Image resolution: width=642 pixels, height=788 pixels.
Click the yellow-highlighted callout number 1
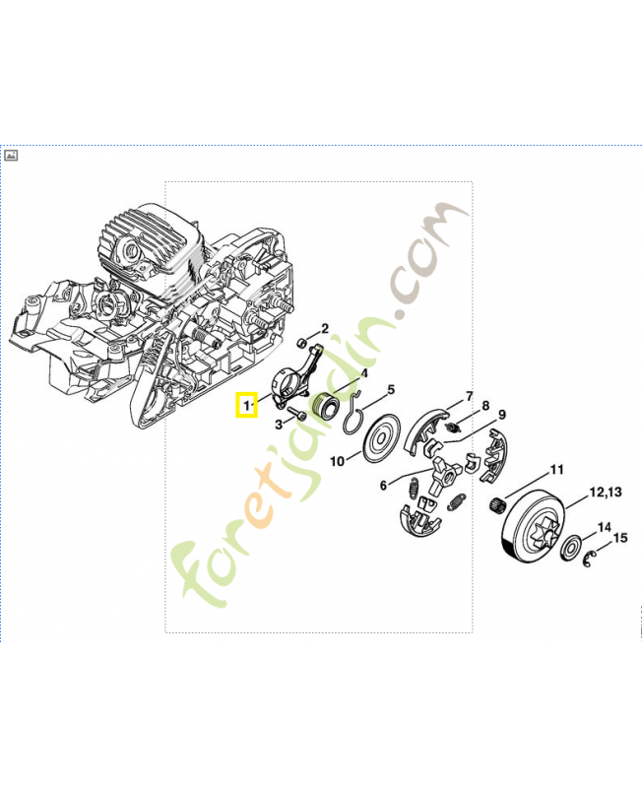pos(246,405)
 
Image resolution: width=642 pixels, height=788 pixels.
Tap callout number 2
pos(325,329)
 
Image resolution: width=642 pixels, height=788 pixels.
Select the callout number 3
pos(279,425)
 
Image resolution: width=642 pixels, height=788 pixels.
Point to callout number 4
pos(364,373)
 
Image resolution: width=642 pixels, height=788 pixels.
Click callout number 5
pos(391,389)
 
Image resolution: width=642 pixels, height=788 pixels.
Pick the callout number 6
pos(383,486)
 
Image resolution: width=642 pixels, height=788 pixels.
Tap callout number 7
pos(470,396)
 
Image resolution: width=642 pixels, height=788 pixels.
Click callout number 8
pos(485,406)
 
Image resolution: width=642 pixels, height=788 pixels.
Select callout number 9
pos(501,415)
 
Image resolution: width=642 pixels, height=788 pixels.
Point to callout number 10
pos(337,461)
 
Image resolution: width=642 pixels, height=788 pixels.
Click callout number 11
pos(556,470)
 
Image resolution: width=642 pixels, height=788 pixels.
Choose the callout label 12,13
pos(606,492)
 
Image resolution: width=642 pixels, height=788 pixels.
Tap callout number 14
pos(605,527)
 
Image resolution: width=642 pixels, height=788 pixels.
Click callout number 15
pos(620,538)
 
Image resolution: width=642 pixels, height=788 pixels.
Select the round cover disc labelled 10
pos(381,438)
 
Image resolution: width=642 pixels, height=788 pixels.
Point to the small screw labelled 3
pos(297,415)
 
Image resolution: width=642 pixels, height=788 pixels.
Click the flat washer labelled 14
pos(571,548)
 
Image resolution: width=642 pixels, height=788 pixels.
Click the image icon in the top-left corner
pos(11,156)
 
